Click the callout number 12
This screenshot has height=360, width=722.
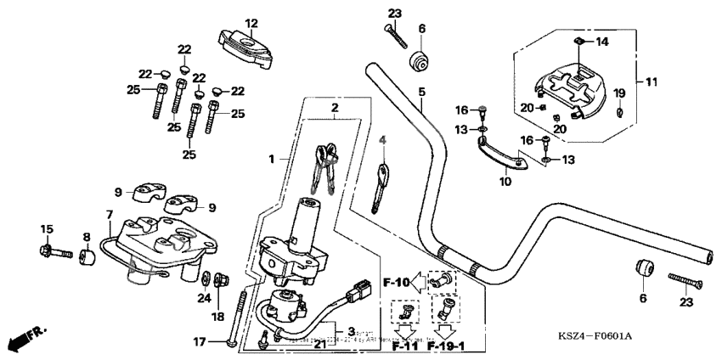(251, 23)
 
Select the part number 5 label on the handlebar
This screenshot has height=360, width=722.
(421, 92)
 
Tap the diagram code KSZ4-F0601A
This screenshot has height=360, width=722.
(595, 337)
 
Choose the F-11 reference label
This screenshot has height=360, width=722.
(405, 347)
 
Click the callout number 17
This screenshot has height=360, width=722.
(199, 343)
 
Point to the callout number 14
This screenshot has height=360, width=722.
(602, 42)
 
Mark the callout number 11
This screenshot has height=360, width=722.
(651, 82)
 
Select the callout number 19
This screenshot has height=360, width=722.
(619, 92)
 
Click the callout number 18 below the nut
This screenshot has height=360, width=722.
(218, 316)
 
